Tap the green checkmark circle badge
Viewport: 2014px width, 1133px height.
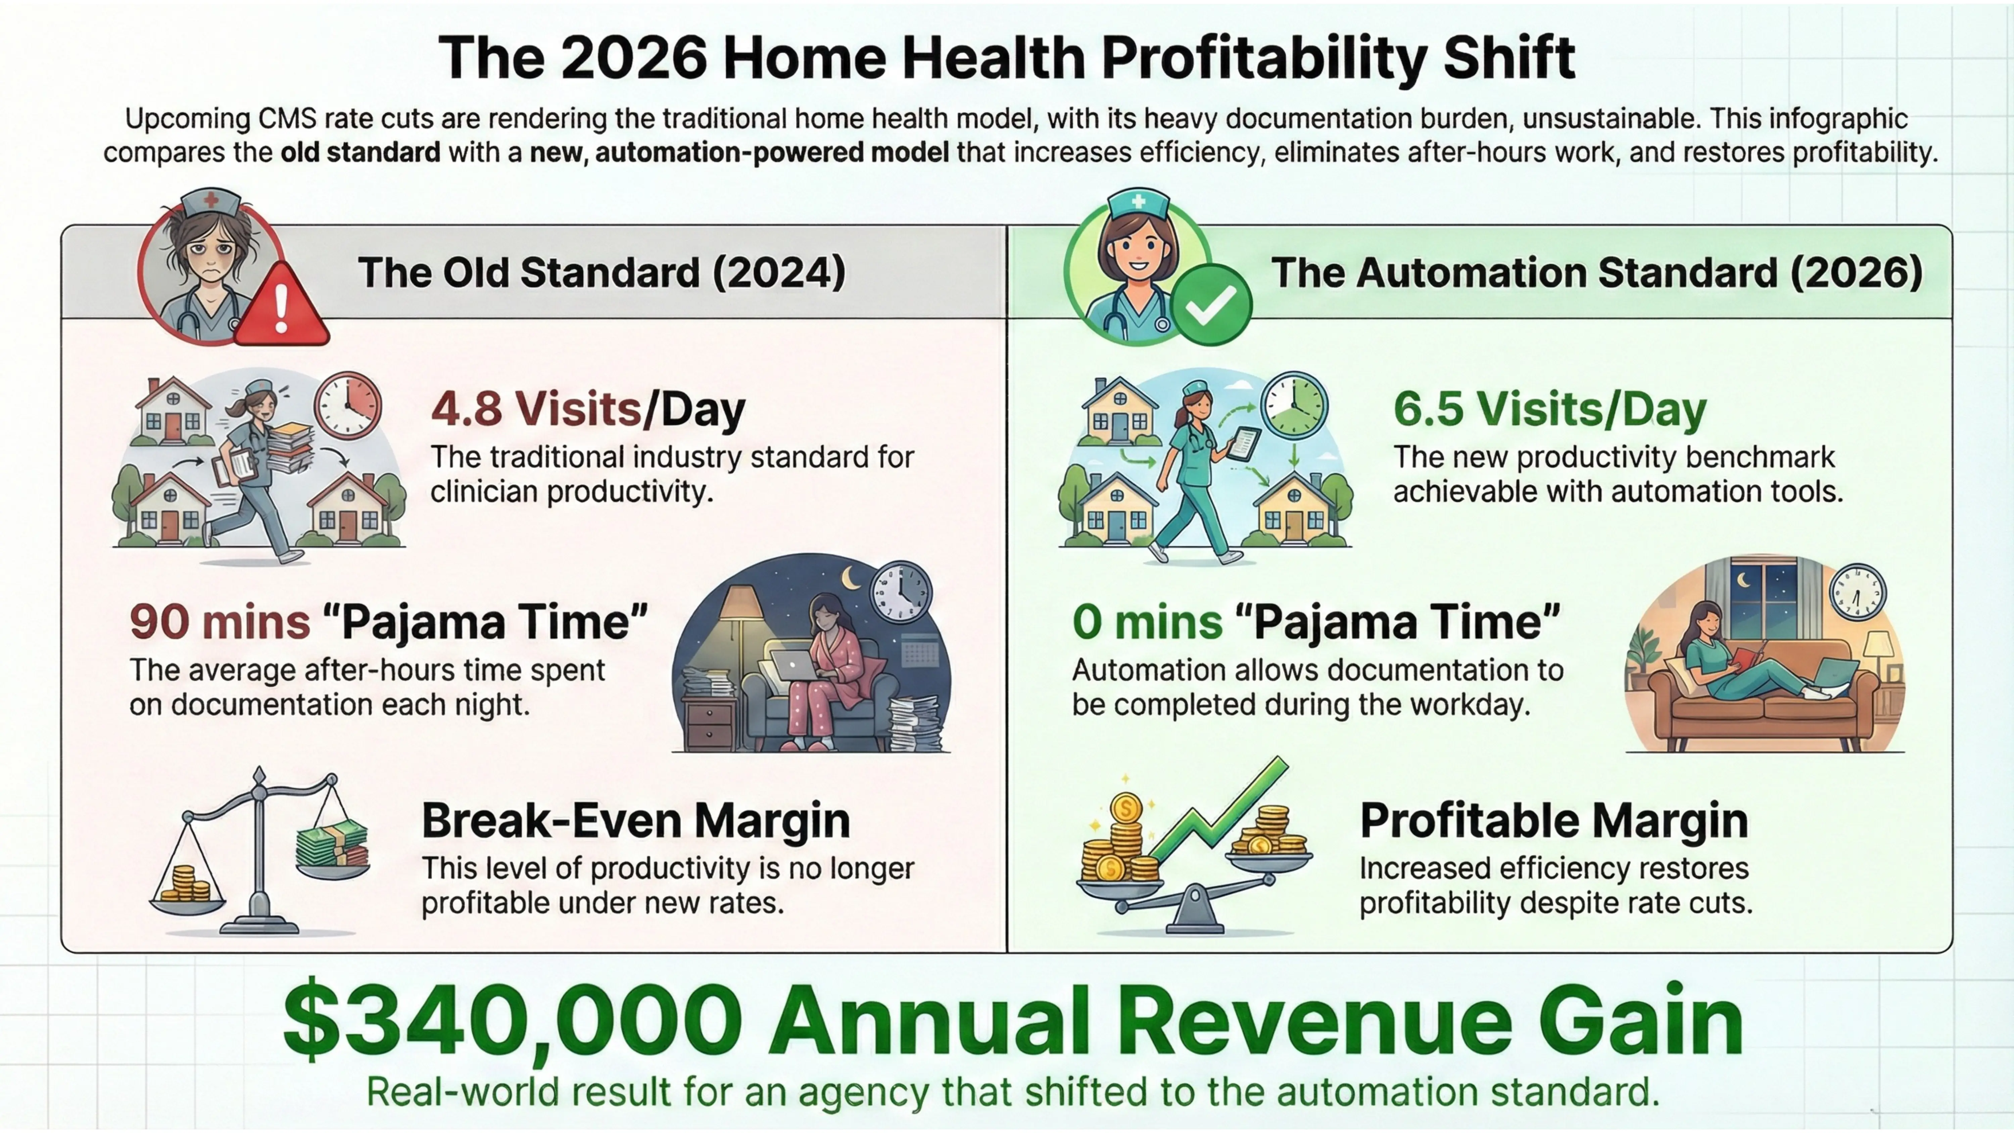[x=1210, y=305]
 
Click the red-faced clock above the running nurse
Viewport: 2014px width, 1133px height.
[x=348, y=405]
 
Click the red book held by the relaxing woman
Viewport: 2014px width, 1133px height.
[x=1745, y=655]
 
